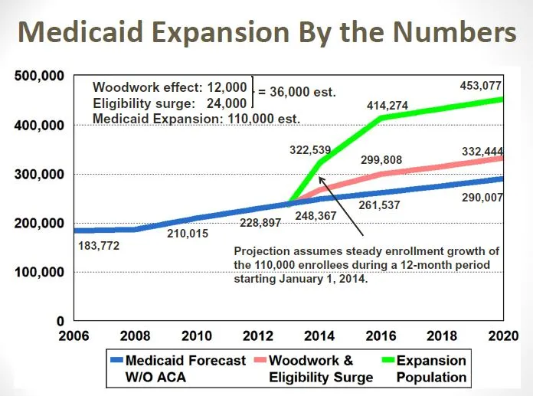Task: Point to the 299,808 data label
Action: coord(384,161)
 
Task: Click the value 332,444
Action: coord(479,152)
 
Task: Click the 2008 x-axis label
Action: coord(134,335)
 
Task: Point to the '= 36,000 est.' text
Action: coord(297,93)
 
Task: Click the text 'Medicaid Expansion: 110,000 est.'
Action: coord(196,118)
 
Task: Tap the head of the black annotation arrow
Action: coord(321,178)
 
